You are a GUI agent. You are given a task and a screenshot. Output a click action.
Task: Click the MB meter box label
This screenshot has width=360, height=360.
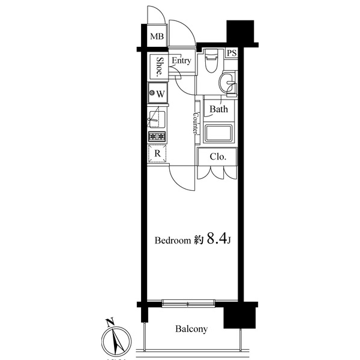[x=157, y=36]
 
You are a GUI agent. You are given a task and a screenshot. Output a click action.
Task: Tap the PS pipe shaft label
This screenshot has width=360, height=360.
[x=232, y=53]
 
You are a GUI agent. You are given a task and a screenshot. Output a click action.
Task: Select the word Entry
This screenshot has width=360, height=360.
[x=181, y=61]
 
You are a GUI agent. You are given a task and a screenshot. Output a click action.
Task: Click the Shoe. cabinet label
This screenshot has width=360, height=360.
[x=159, y=67]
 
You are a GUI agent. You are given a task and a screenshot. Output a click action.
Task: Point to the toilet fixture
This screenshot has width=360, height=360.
[x=211, y=61]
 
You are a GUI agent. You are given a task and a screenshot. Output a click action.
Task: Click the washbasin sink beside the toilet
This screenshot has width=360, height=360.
[x=227, y=82]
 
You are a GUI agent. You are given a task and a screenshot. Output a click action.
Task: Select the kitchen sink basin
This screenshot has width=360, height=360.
[x=157, y=119]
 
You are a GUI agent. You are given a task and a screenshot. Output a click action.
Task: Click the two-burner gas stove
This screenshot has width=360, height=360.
[x=157, y=137]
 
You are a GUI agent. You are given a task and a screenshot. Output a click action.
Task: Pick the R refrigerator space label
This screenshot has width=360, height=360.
[x=157, y=154]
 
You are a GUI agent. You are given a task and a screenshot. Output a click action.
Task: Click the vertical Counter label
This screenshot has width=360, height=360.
[x=196, y=123]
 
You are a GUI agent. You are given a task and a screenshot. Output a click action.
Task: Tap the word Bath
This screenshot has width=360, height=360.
[x=219, y=109]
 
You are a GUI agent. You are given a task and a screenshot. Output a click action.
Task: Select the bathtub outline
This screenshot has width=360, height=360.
[x=218, y=133]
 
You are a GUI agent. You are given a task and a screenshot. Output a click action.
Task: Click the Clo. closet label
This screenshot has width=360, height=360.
[x=218, y=157]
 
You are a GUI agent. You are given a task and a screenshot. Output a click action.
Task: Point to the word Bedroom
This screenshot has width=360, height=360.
[x=173, y=241]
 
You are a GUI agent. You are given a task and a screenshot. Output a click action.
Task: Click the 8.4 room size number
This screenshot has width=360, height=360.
[x=216, y=239]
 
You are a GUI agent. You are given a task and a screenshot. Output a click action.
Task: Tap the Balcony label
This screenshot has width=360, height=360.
[x=191, y=329]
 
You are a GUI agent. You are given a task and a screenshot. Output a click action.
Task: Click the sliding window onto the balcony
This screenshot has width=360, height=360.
[x=188, y=303]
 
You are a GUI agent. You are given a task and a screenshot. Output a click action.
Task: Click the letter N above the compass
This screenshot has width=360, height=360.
[x=110, y=322]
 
